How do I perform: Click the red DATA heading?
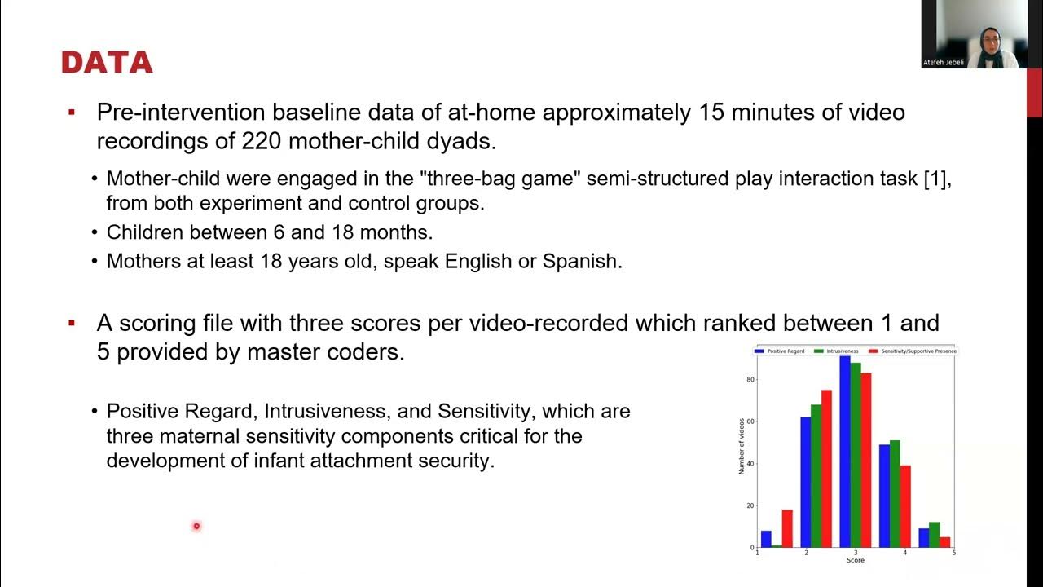click(x=107, y=63)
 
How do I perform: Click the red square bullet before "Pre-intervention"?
click(x=72, y=112)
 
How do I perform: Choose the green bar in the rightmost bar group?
click(x=934, y=534)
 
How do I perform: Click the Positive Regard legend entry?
click(x=780, y=351)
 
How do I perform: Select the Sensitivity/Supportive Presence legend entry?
click(x=913, y=351)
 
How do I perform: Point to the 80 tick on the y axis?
click(x=750, y=380)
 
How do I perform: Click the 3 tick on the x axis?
click(x=856, y=553)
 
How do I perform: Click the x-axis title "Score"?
click(x=856, y=560)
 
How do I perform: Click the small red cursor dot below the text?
click(x=196, y=526)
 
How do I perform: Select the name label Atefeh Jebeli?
click(x=943, y=62)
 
